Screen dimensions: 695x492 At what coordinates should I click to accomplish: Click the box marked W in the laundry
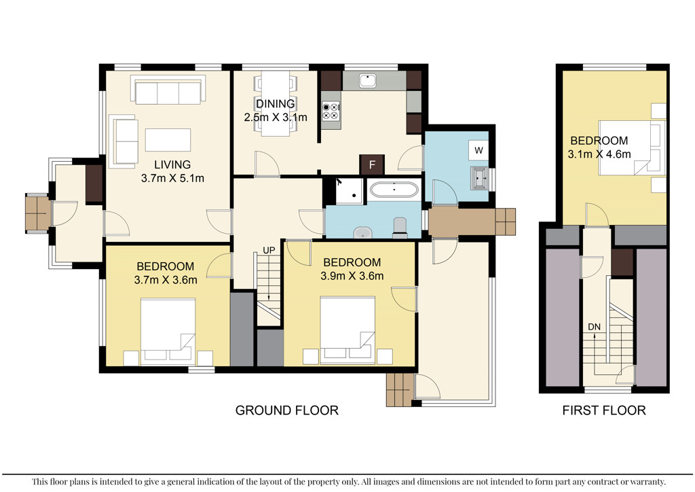click(x=478, y=150)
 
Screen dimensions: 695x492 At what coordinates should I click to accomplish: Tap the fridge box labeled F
click(x=372, y=164)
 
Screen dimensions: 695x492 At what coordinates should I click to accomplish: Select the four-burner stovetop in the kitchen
click(x=331, y=111)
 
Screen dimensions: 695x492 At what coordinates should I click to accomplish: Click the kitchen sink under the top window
click(x=367, y=81)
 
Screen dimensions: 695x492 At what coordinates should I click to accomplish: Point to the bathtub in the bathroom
click(x=394, y=190)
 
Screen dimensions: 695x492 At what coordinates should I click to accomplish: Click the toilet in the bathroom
click(x=400, y=227)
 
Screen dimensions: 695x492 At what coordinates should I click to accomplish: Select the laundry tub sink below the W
click(x=479, y=178)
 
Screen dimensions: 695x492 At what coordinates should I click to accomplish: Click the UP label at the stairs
click(x=269, y=250)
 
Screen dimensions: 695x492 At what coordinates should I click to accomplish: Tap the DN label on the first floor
click(x=595, y=327)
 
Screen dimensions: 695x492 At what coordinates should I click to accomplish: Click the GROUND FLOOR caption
click(x=287, y=410)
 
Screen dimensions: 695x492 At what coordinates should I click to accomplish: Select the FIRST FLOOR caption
click(x=603, y=410)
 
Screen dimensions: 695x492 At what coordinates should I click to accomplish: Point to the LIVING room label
click(x=172, y=164)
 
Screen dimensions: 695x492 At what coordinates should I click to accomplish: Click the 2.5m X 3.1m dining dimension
click(x=276, y=118)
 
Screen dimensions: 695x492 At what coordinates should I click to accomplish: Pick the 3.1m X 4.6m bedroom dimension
click(x=599, y=154)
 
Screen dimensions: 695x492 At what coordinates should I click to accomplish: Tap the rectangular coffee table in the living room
click(x=168, y=140)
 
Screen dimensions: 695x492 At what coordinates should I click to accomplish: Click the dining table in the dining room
click(x=276, y=103)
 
